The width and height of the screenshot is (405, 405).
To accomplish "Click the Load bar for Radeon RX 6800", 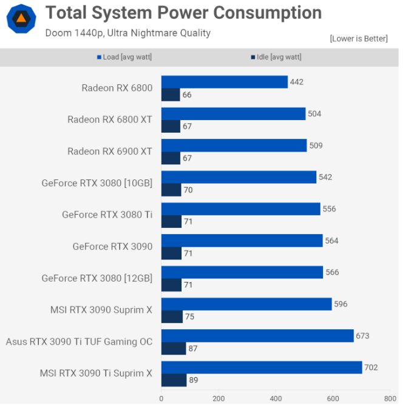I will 224,82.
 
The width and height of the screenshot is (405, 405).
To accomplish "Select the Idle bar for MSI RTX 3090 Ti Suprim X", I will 174,380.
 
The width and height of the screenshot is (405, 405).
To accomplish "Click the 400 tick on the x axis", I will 276,398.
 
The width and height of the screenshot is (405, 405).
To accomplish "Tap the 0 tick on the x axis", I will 162,398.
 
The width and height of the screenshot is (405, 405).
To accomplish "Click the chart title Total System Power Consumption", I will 183,13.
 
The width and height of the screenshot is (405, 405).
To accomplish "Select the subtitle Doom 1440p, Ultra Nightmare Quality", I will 128,33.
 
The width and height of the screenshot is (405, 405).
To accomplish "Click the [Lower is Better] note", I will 358,39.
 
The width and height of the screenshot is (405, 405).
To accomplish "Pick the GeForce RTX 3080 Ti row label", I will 107,215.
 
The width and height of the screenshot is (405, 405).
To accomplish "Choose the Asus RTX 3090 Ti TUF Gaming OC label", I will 79,341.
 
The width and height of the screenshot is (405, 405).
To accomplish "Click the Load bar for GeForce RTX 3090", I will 242,241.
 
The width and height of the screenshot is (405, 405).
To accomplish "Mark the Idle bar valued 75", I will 172,316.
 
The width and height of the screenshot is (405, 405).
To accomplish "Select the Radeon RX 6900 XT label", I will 110,151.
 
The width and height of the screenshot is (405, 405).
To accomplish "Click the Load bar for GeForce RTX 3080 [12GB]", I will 242,272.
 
